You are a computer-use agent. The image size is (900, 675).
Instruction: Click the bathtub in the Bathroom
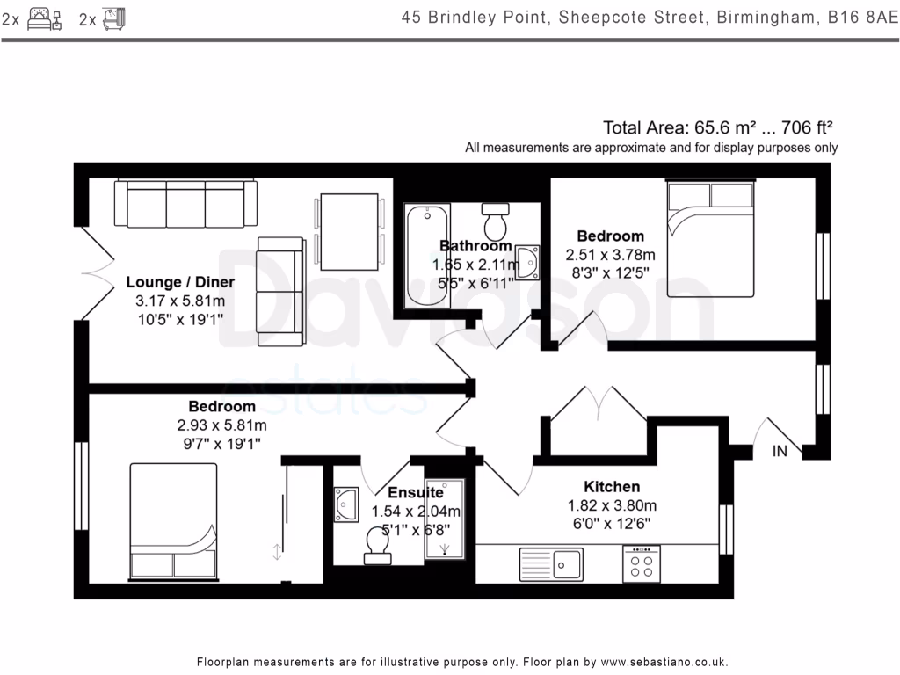426,256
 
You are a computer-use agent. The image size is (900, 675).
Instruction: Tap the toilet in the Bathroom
497,221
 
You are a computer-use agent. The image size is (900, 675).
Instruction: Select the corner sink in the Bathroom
528,262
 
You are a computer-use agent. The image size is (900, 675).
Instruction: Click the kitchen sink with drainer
550,562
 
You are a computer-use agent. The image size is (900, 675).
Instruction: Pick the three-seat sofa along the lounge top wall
186,204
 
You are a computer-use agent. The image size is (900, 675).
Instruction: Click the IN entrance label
780,452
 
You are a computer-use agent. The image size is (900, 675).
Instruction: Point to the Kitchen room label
612,487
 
